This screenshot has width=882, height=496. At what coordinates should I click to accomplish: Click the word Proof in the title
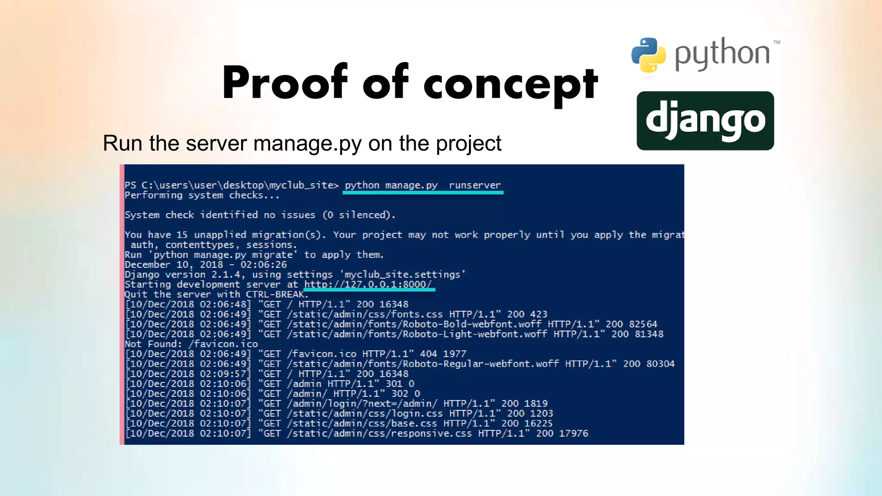point(284,83)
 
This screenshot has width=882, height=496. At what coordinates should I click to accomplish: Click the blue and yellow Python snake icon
point(648,55)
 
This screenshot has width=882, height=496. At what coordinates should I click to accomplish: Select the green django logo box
point(705,121)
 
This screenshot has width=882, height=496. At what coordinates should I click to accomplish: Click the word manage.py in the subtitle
point(307,143)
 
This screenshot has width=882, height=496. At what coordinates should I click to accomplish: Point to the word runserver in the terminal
point(475,185)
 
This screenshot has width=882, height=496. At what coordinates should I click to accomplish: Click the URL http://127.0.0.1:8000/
point(367,284)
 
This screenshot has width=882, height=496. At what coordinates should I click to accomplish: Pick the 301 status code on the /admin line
point(394,383)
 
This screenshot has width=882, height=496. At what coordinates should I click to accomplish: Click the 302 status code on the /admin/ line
point(400,393)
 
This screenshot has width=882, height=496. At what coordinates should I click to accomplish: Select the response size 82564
point(643,324)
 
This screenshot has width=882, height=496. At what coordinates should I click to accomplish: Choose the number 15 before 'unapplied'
point(182,235)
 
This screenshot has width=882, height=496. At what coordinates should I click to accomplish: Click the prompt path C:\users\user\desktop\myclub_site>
point(240,185)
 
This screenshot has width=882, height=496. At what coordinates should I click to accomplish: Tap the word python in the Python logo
point(722,54)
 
